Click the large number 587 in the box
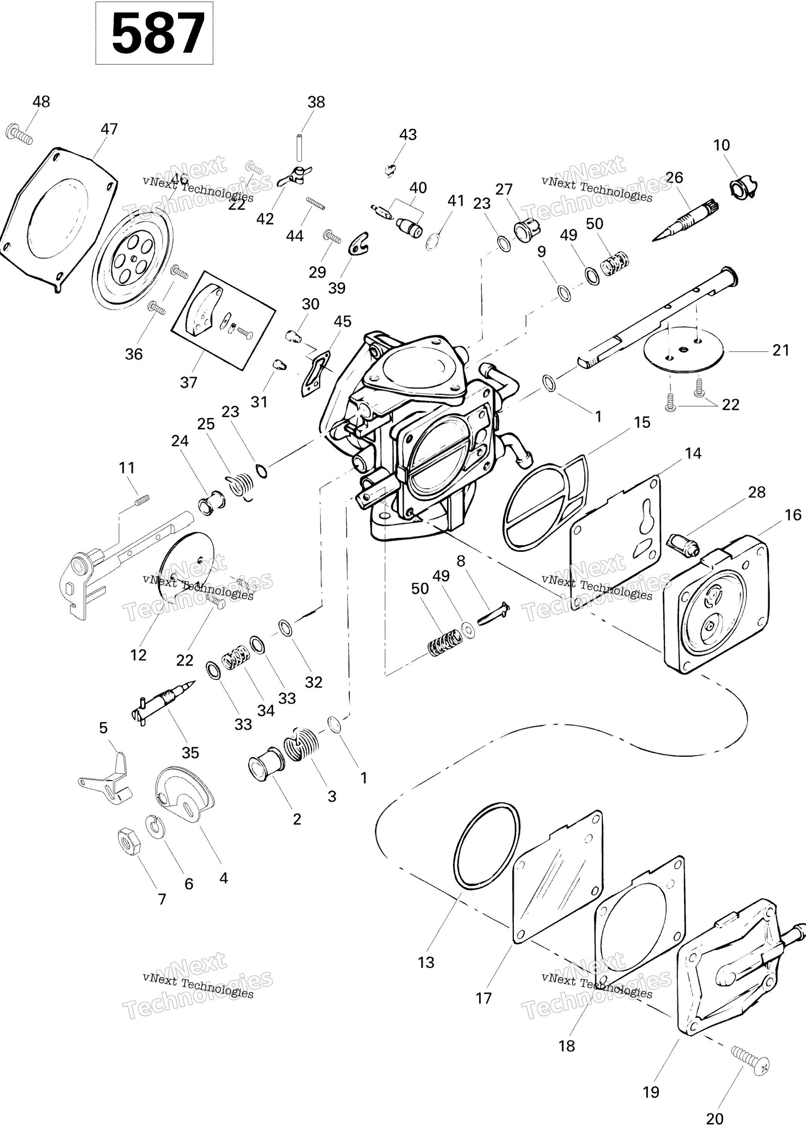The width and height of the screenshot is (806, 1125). [x=158, y=34]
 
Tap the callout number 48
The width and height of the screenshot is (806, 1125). [x=41, y=102]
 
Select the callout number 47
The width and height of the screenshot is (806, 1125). [x=109, y=129]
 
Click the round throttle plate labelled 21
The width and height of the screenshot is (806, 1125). [x=684, y=350]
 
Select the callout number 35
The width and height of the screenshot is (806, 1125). [x=190, y=753]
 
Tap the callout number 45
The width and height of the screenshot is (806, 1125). [x=342, y=321]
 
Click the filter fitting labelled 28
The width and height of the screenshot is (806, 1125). [x=683, y=544]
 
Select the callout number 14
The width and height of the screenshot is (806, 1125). [x=693, y=453]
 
